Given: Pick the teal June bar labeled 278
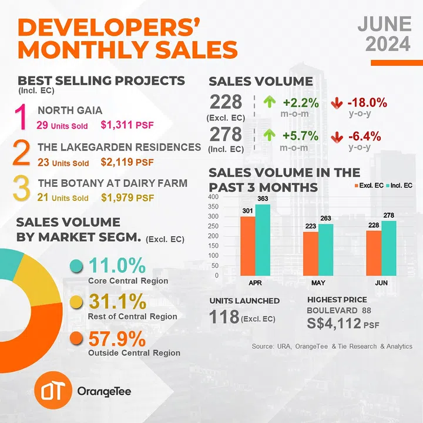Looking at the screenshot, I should coord(389,248).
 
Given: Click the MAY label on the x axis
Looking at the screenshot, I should coord(318,283).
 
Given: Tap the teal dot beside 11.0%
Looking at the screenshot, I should coord(75,266).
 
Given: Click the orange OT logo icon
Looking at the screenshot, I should coord(54,390).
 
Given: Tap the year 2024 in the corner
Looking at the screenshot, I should coord(385,44).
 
